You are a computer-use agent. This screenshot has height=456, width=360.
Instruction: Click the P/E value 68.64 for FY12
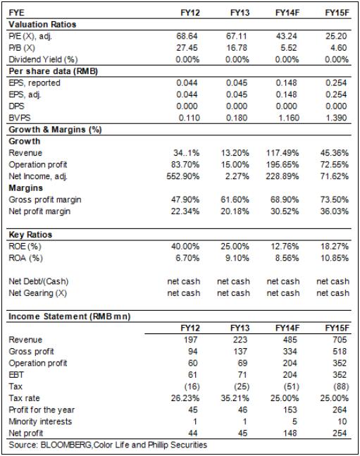pyautogui.click(x=187, y=36)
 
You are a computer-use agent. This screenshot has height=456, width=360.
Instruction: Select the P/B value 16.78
pyautogui.click(x=237, y=48)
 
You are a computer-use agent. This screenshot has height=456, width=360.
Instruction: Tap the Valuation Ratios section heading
pyautogui.click(x=42, y=25)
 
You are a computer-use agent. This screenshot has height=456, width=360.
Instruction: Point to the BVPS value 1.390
pyautogui.click(x=336, y=118)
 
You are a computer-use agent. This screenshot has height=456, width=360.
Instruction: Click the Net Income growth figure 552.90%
pyautogui.click(x=183, y=176)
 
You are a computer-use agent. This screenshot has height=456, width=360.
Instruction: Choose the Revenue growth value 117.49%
pyautogui.click(x=283, y=153)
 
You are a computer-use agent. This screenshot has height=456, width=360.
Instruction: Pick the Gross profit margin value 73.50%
pyautogui.click(x=335, y=199)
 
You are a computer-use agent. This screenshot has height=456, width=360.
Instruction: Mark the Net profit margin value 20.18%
pyautogui.click(x=235, y=211)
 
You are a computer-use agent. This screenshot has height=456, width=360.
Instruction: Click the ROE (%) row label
pyautogui.click(x=25, y=246)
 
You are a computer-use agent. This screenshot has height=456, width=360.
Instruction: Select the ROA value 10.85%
pyautogui.click(x=335, y=258)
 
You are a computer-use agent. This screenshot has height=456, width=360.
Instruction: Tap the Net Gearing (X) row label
pyautogui.click(x=38, y=293)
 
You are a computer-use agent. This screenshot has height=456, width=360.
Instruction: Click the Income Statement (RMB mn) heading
pyautogui.click(x=70, y=316)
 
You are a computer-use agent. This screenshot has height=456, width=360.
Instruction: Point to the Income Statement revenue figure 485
pyautogui.click(x=290, y=340)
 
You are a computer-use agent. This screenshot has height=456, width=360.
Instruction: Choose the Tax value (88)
pyautogui.click(x=341, y=386)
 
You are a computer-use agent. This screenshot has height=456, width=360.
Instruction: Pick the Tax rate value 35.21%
pyautogui.click(x=235, y=398)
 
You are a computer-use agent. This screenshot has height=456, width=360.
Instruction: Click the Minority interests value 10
pyautogui.click(x=342, y=421)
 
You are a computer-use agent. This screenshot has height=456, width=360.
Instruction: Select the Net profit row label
pyautogui.click(x=26, y=433)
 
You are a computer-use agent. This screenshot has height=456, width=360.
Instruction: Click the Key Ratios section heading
pyautogui.click(x=30, y=235)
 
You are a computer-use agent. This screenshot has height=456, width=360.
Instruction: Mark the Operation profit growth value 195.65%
pyautogui.click(x=283, y=165)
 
